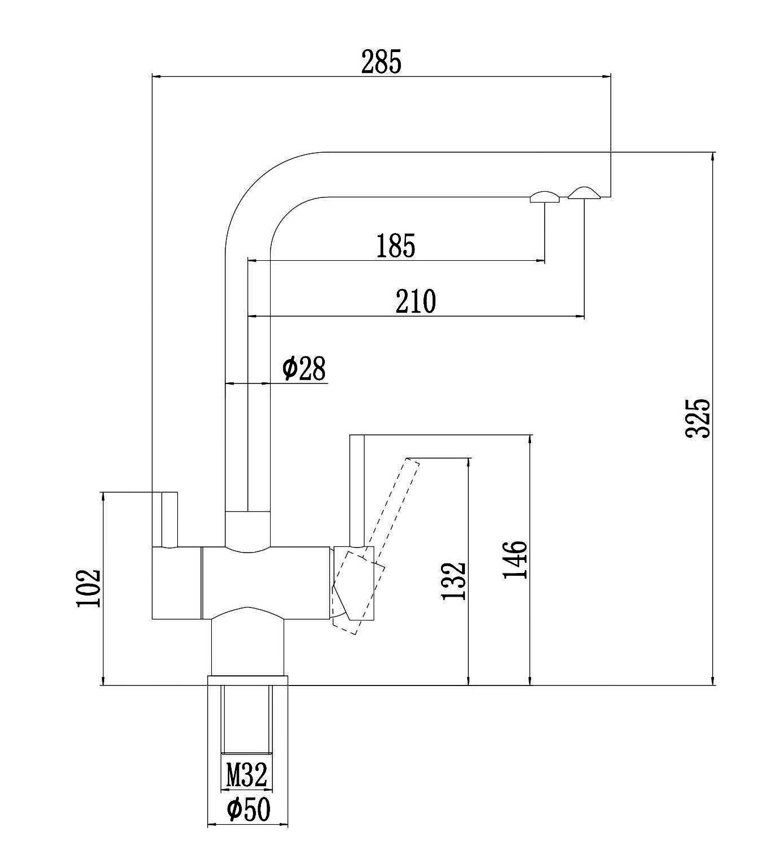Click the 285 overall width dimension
point(381,62)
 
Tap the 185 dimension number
point(396,245)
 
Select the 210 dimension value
point(416,301)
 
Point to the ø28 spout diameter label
point(304,369)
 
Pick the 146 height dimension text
point(515,559)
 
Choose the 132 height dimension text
point(453,581)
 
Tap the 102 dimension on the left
point(89,588)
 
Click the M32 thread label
point(246,774)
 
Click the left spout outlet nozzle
point(545,196)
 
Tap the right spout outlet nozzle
point(583,193)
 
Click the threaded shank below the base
point(247,719)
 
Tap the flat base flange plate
point(247,680)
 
